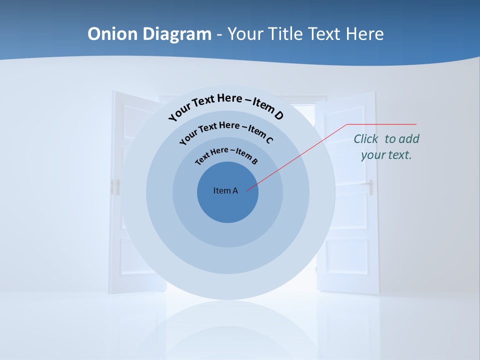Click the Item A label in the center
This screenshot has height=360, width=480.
[x=225, y=190]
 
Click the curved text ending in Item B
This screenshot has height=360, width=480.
[x=226, y=155]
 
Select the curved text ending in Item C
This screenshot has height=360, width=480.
[x=226, y=131]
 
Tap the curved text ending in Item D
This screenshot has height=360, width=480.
[x=226, y=106]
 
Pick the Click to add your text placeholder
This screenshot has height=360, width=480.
[x=386, y=146]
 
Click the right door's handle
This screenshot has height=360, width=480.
[x=370, y=188]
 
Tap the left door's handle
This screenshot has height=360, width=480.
[x=118, y=186]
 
